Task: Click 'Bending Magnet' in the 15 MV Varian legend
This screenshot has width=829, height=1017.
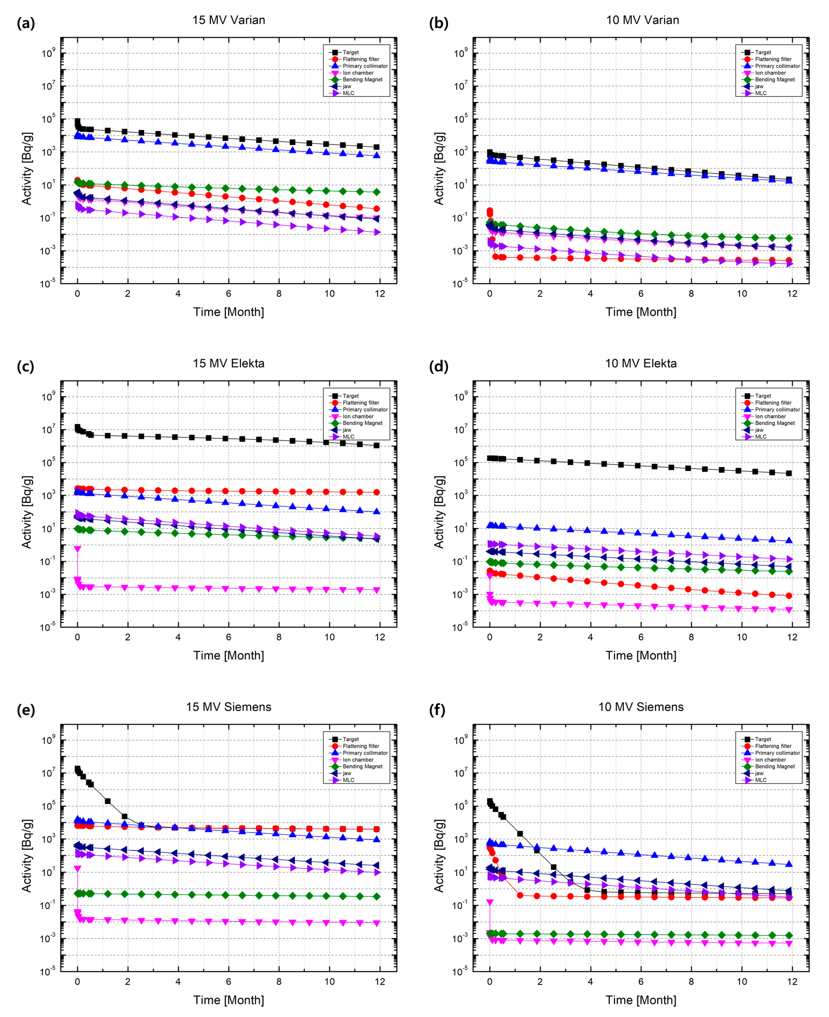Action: tap(362, 80)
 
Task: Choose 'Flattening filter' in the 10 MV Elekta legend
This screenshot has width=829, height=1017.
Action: tap(773, 403)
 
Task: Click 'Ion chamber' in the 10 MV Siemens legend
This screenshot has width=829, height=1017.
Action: tap(770, 760)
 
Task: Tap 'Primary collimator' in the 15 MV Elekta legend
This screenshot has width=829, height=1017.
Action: tap(365, 410)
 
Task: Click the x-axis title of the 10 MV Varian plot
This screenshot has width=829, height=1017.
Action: tap(641, 312)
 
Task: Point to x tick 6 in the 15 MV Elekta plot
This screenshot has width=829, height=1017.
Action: tap(228, 637)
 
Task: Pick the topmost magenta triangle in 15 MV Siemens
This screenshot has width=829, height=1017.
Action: tap(77, 869)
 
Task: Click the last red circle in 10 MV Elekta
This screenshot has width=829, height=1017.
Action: tap(789, 596)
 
